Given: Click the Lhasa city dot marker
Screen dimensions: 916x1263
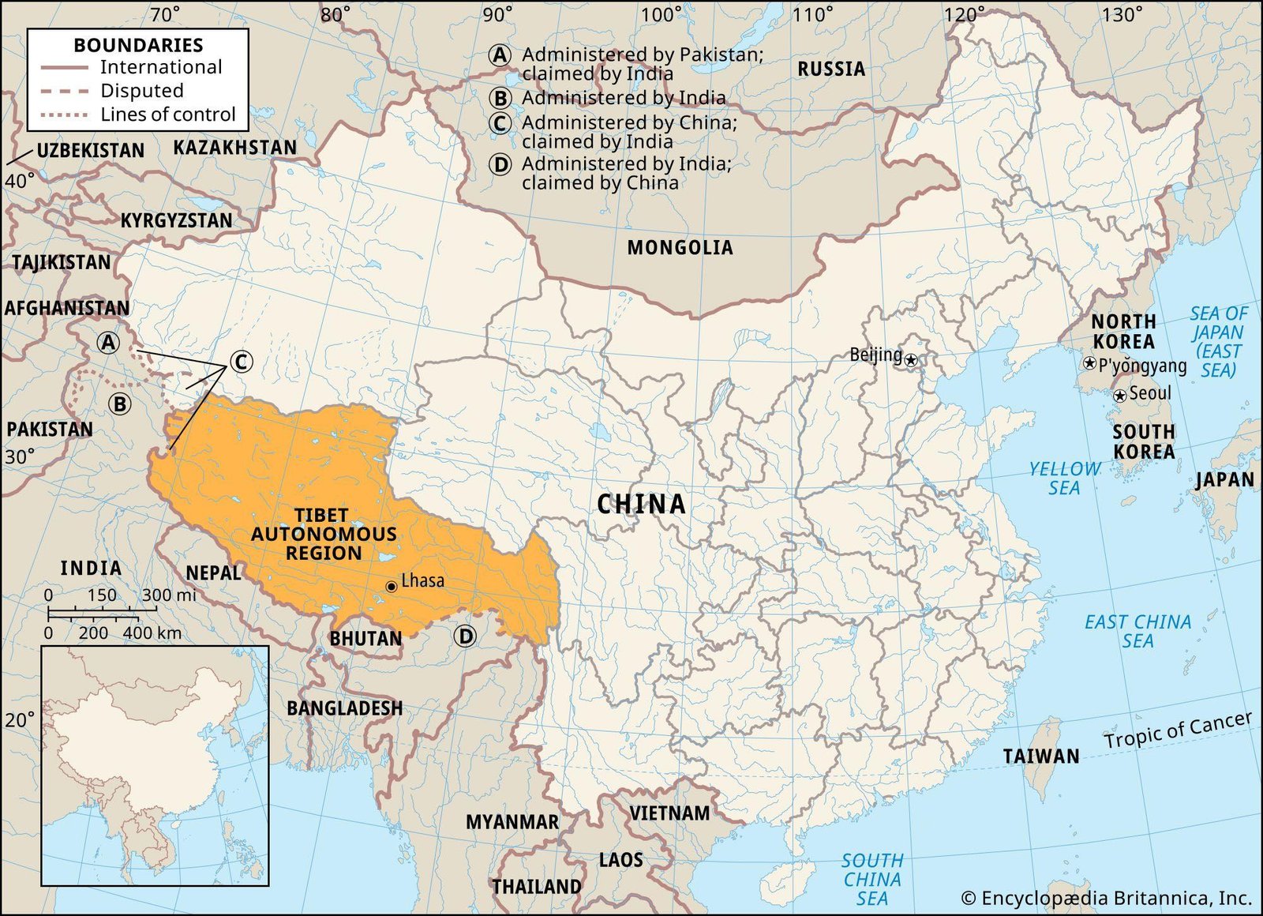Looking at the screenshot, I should [x=391, y=587].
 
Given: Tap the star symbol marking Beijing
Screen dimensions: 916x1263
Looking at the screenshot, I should [x=911, y=360].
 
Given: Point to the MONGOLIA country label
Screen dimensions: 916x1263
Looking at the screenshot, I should [x=680, y=248].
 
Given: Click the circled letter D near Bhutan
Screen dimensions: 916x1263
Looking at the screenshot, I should [x=466, y=636].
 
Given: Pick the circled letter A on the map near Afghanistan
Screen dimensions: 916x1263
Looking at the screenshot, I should [x=108, y=343].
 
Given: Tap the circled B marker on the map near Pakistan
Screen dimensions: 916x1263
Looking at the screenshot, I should [x=120, y=404].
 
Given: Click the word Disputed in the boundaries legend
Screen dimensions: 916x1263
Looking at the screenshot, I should [x=141, y=91].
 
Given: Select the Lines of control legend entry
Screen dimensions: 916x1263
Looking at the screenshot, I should [x=167, y=114].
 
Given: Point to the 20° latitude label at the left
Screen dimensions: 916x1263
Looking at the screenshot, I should [x=20, y=720].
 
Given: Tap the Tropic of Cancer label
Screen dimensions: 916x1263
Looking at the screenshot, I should [x=1177, y=730].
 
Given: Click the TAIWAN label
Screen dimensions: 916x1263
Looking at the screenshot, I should [x=1040, y=756].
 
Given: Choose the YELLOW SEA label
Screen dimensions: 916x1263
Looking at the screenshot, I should [x=1064, y=479].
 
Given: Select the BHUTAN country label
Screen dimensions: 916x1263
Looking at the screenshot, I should [x=365, y=638].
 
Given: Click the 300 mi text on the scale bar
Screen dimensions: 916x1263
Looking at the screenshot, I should [x=169, y=595].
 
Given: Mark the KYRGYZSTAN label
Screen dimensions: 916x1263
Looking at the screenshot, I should [x=176, y=220].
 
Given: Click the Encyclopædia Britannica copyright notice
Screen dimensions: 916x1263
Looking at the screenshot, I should [x=1106, y=898].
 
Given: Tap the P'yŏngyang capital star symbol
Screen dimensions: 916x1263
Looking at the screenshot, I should [x=1089, y=363].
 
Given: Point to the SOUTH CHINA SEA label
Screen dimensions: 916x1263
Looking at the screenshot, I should [x=871, y=879].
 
